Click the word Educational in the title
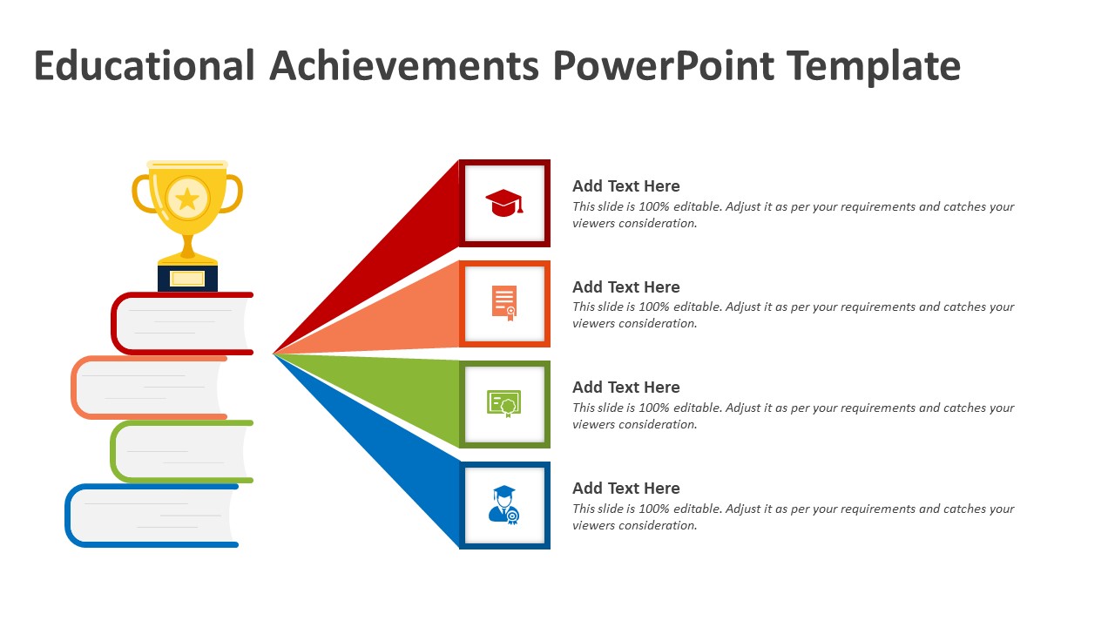pyautogui.click(x=145, y=66)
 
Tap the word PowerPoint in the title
pyautogui.click(x=663, y=66)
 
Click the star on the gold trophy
pyautogui.click(x=187, y=199)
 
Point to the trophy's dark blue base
pyautogui.click(x=187, y=278)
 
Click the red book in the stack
pyautogui.click(x=182, y=323)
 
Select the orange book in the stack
pyautogui.click(x=149, y=388)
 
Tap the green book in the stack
pyautogui.click(x=182, y=451)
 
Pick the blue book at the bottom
pyautogui.click(x=152, y=516)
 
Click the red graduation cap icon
pyautogui.click(x=504, y=203)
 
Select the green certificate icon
pyautogui.click(x=504, y=403)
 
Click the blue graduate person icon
pyautogui.click(x=504, y=505)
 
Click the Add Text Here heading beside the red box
pyautogui.click(x=625, y=186)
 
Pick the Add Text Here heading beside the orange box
pyautogui.click(x=625, y=287)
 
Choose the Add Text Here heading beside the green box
pyautogui.click(x=625, y=388)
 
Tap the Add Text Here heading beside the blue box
pyautogui.click(x=625, y=489)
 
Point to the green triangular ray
pyautogui.click(x=398, y=393)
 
